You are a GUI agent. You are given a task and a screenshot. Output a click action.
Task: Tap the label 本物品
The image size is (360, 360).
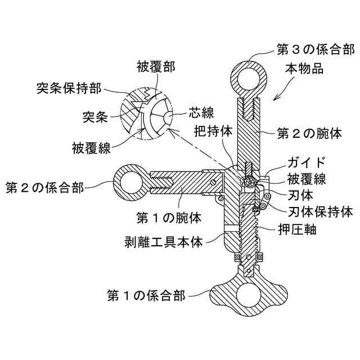click(x=305, y=70)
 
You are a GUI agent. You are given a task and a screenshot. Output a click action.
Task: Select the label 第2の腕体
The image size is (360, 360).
click(x=310, y=134)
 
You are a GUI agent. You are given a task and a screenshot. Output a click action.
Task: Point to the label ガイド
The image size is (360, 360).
click(x=307, y=163)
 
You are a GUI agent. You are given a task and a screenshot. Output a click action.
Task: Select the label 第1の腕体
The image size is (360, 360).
click(x=169, y=215)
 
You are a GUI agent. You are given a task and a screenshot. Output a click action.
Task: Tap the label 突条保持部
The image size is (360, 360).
click(x=69, y=88)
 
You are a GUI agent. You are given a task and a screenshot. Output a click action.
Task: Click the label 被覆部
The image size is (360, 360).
click(x=155, y=67)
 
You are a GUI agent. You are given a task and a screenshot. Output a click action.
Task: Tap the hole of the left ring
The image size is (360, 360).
click(x=132, y=182)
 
